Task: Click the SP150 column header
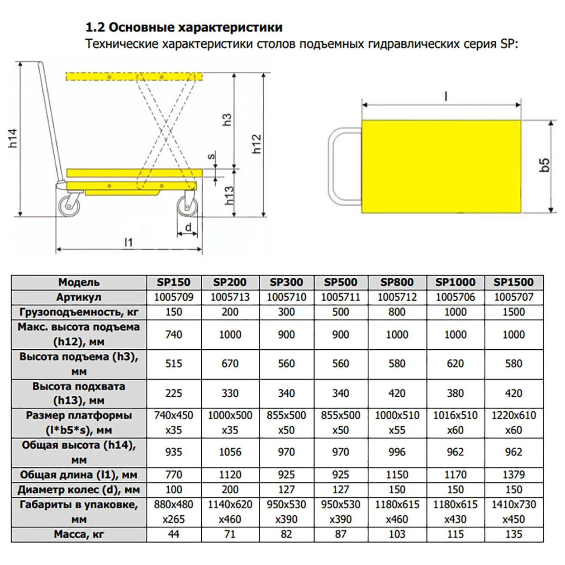point(174,282)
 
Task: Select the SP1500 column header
point(513,282)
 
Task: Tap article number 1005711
point(341,297)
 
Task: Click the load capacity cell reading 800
point(397,312)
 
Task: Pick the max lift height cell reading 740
point(174,335)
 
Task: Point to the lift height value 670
point(230,364)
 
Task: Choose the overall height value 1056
point(230,452)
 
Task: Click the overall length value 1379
point(513,475)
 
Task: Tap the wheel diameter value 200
point(230,489)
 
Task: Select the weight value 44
point(174,534)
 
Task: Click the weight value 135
point(513,534)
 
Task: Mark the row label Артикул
point(79,297)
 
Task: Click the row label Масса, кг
point(79,534)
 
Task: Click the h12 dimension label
point(256,144)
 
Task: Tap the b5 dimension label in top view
point(545,165)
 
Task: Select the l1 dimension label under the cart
point(129,242)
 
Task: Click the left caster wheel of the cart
point(69,206)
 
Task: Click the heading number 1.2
point(95,28)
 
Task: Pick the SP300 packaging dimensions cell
point(286,512)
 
